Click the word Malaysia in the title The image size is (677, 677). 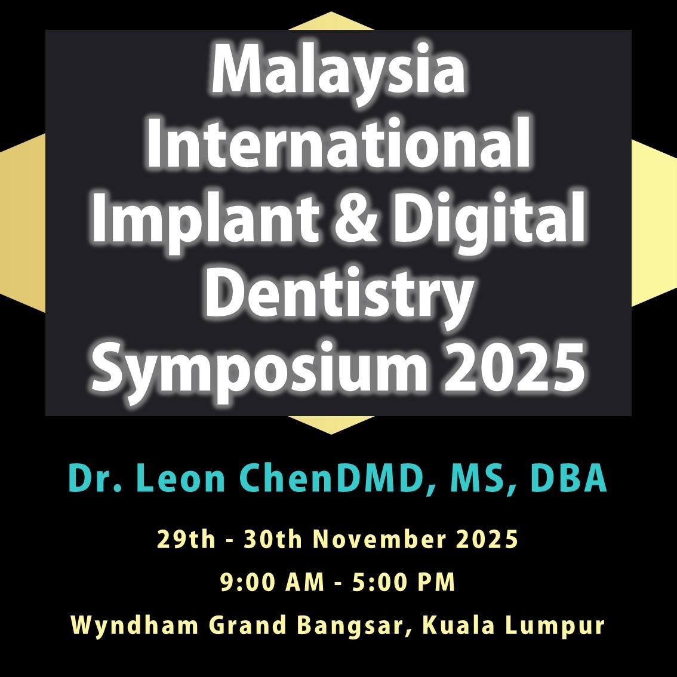pos(338,73)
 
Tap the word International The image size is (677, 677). pos(339,143)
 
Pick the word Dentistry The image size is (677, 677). pos(339,294)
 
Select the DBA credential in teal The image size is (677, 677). pos(568,478)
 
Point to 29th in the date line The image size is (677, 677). pos(186,539)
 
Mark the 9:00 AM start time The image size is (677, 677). pos(272,581)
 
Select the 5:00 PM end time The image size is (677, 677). pos(404,581)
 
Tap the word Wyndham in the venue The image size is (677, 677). pos(134,625)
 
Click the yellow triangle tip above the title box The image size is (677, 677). pos(331,13)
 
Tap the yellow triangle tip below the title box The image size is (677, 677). pos(331,433)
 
